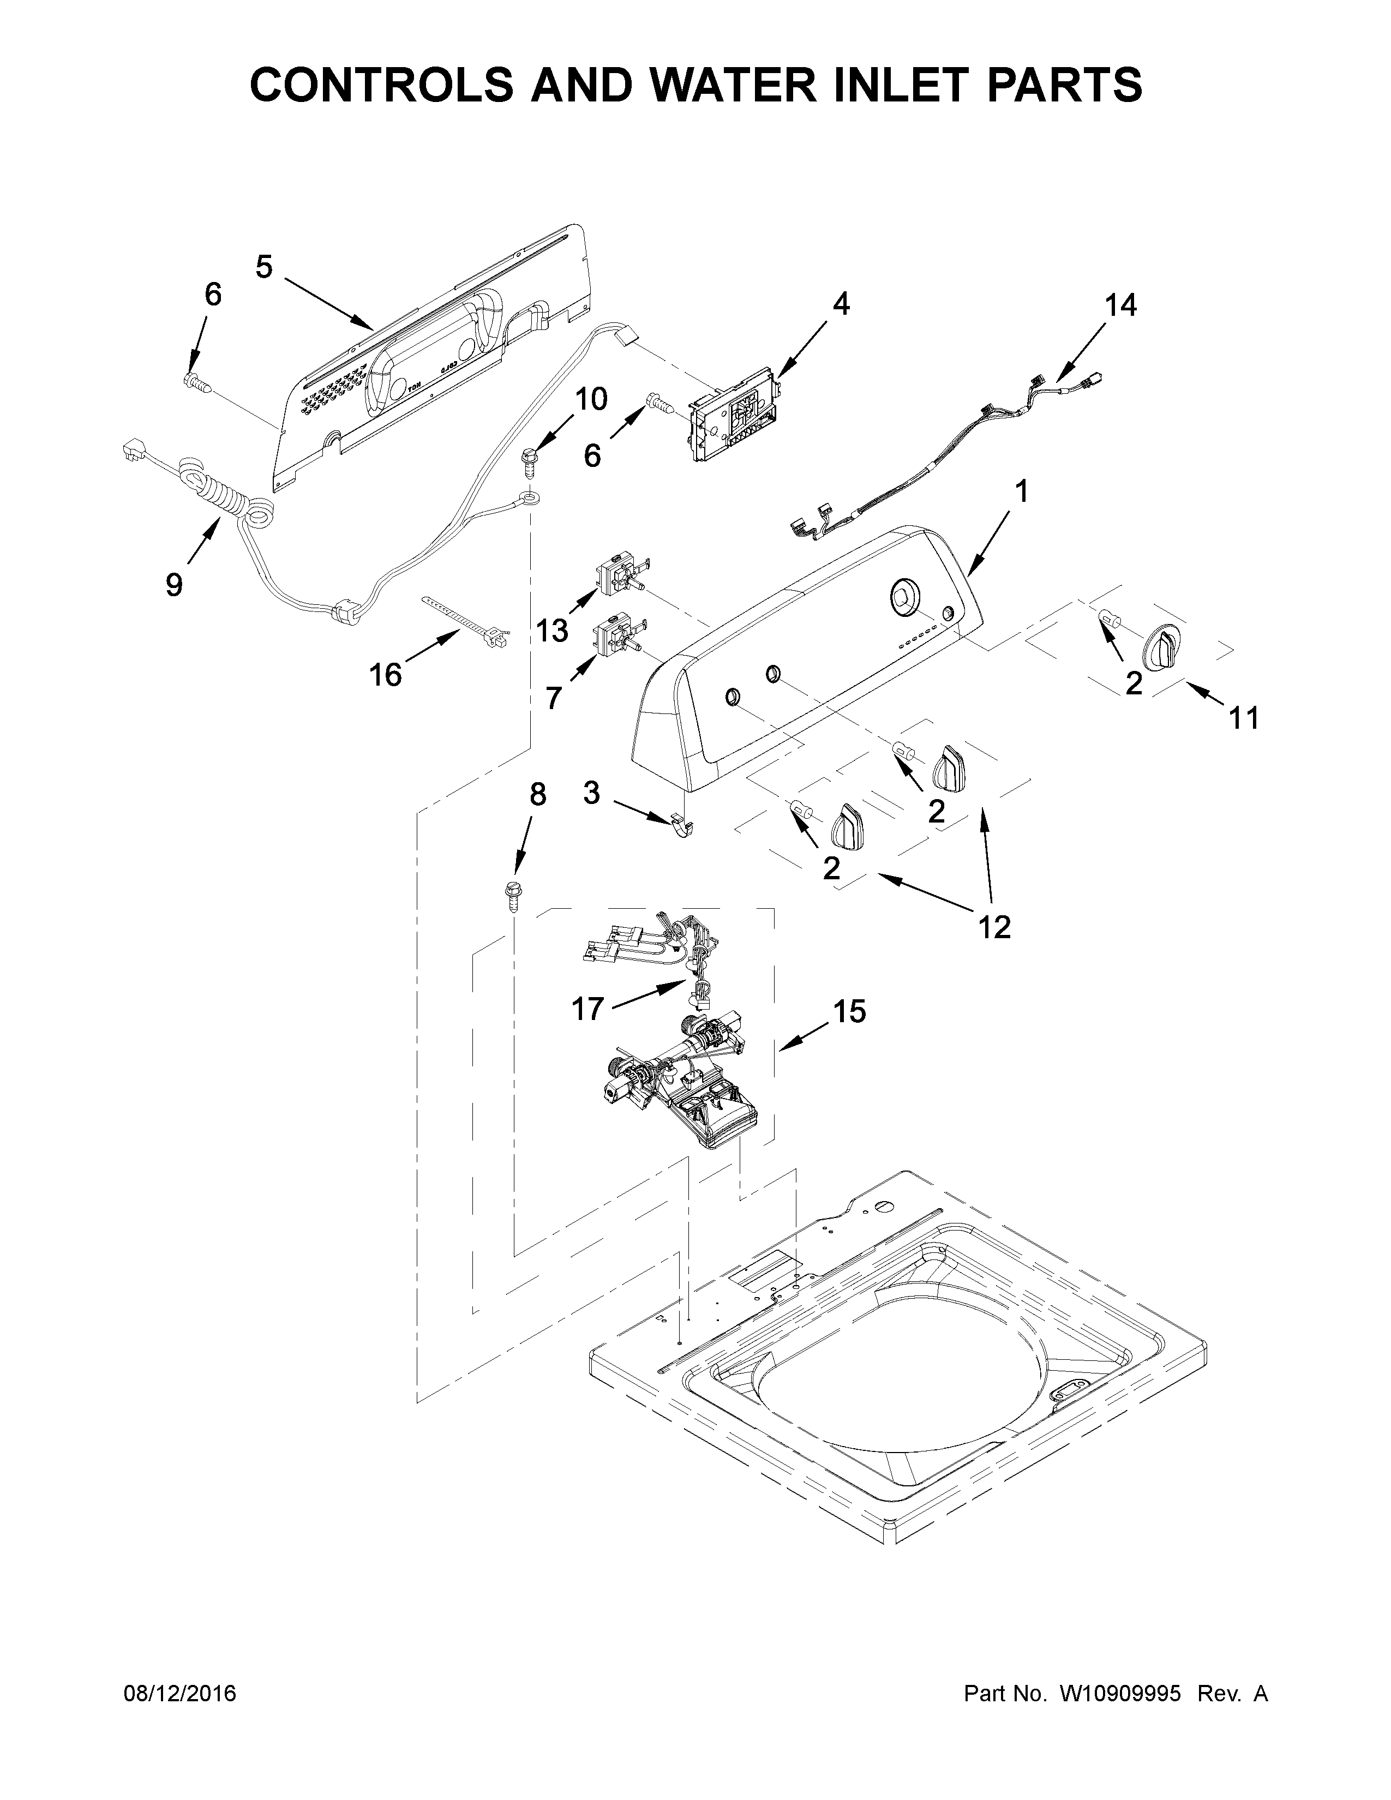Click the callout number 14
point(1121,306)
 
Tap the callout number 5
point(263,267)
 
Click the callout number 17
point(589,1009)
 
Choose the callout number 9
point(174,585)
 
